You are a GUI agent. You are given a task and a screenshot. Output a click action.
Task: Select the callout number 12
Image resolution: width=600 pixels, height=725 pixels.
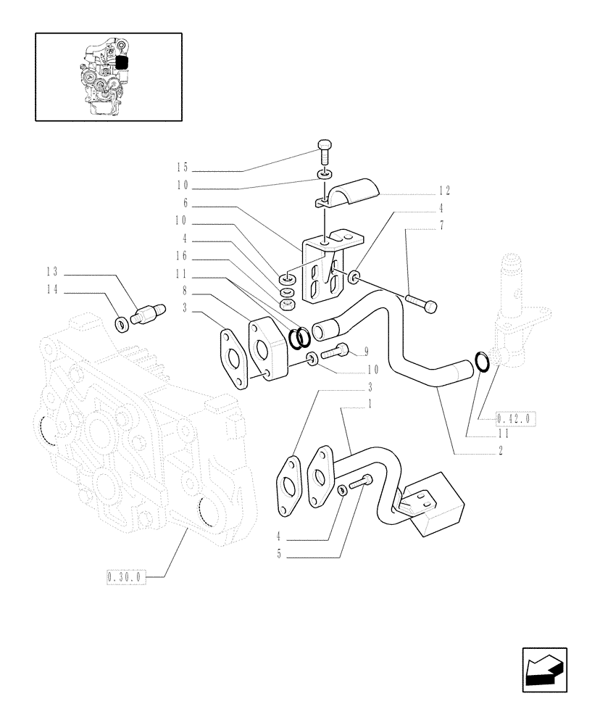tap(443, 191)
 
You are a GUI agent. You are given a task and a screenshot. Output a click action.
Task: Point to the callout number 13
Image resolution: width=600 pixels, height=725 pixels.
tap(52, 273)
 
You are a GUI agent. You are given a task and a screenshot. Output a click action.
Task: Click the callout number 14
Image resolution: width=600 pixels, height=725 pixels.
tap(52, 291)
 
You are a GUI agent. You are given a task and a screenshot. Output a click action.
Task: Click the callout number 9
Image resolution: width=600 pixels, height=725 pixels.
tap(366, 352)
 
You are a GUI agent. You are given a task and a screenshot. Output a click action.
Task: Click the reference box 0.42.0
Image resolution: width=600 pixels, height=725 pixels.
tap(514, 418)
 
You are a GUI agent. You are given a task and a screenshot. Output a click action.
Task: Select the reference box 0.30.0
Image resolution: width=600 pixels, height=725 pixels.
tap(125, 577)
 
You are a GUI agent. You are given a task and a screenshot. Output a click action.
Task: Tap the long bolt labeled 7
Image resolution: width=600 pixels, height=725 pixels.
tap(423, 303)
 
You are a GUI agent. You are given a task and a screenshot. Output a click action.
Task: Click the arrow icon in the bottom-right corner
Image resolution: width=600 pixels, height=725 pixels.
tap(543, 668)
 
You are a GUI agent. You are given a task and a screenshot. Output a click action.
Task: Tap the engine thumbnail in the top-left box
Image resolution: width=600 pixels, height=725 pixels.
tap(108, 76)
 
